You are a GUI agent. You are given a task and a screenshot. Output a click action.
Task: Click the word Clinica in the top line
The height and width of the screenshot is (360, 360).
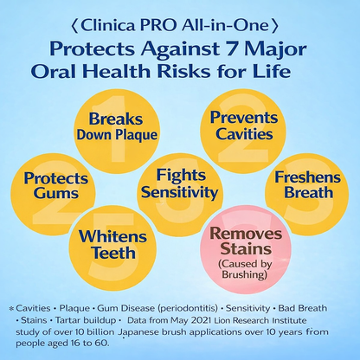pos(107,26)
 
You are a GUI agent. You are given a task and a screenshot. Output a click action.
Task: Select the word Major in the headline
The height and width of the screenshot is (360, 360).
pos(275,49)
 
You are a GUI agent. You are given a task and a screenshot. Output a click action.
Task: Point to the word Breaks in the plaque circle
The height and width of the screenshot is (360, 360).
pos(116,119)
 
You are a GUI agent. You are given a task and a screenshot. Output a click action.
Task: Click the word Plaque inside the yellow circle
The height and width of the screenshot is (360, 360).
pos(137,135)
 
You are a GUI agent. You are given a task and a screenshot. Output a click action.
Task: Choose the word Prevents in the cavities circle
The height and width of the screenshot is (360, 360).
pos(244,117)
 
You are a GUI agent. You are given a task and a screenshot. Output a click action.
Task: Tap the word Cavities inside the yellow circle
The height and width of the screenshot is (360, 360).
pos(244,133)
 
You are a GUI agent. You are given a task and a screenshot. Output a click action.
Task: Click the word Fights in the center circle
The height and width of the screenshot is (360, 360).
pos(181,175)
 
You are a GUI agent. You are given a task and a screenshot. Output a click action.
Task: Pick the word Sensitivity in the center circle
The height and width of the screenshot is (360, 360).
pos(180,192)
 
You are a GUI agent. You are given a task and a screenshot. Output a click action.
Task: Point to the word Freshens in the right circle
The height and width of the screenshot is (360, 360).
pos(307,177)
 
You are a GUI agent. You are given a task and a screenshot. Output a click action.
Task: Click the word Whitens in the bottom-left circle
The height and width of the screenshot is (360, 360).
pos(112,236)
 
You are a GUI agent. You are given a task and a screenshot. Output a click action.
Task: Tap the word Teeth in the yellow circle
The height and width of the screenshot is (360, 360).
pos(113,253)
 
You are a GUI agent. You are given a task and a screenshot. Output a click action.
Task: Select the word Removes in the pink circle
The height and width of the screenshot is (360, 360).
pos(246,233)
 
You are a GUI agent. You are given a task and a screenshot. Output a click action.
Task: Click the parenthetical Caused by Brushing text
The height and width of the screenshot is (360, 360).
pos(245,269)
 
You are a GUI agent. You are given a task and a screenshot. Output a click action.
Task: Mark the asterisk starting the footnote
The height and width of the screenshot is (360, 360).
pos(11,308)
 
